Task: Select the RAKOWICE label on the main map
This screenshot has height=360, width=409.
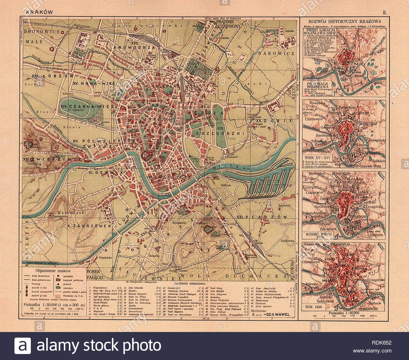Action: click(x=277, y=53)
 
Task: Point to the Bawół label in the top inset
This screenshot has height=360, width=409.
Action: click(x=359, y=76)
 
